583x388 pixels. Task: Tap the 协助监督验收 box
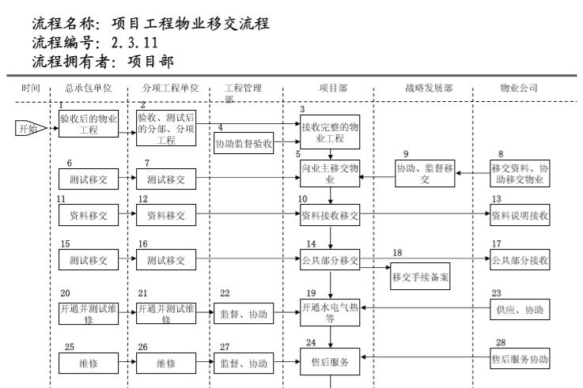[244, 144]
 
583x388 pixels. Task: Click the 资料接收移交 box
[330, 215]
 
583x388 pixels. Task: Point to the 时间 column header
[31, 88]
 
